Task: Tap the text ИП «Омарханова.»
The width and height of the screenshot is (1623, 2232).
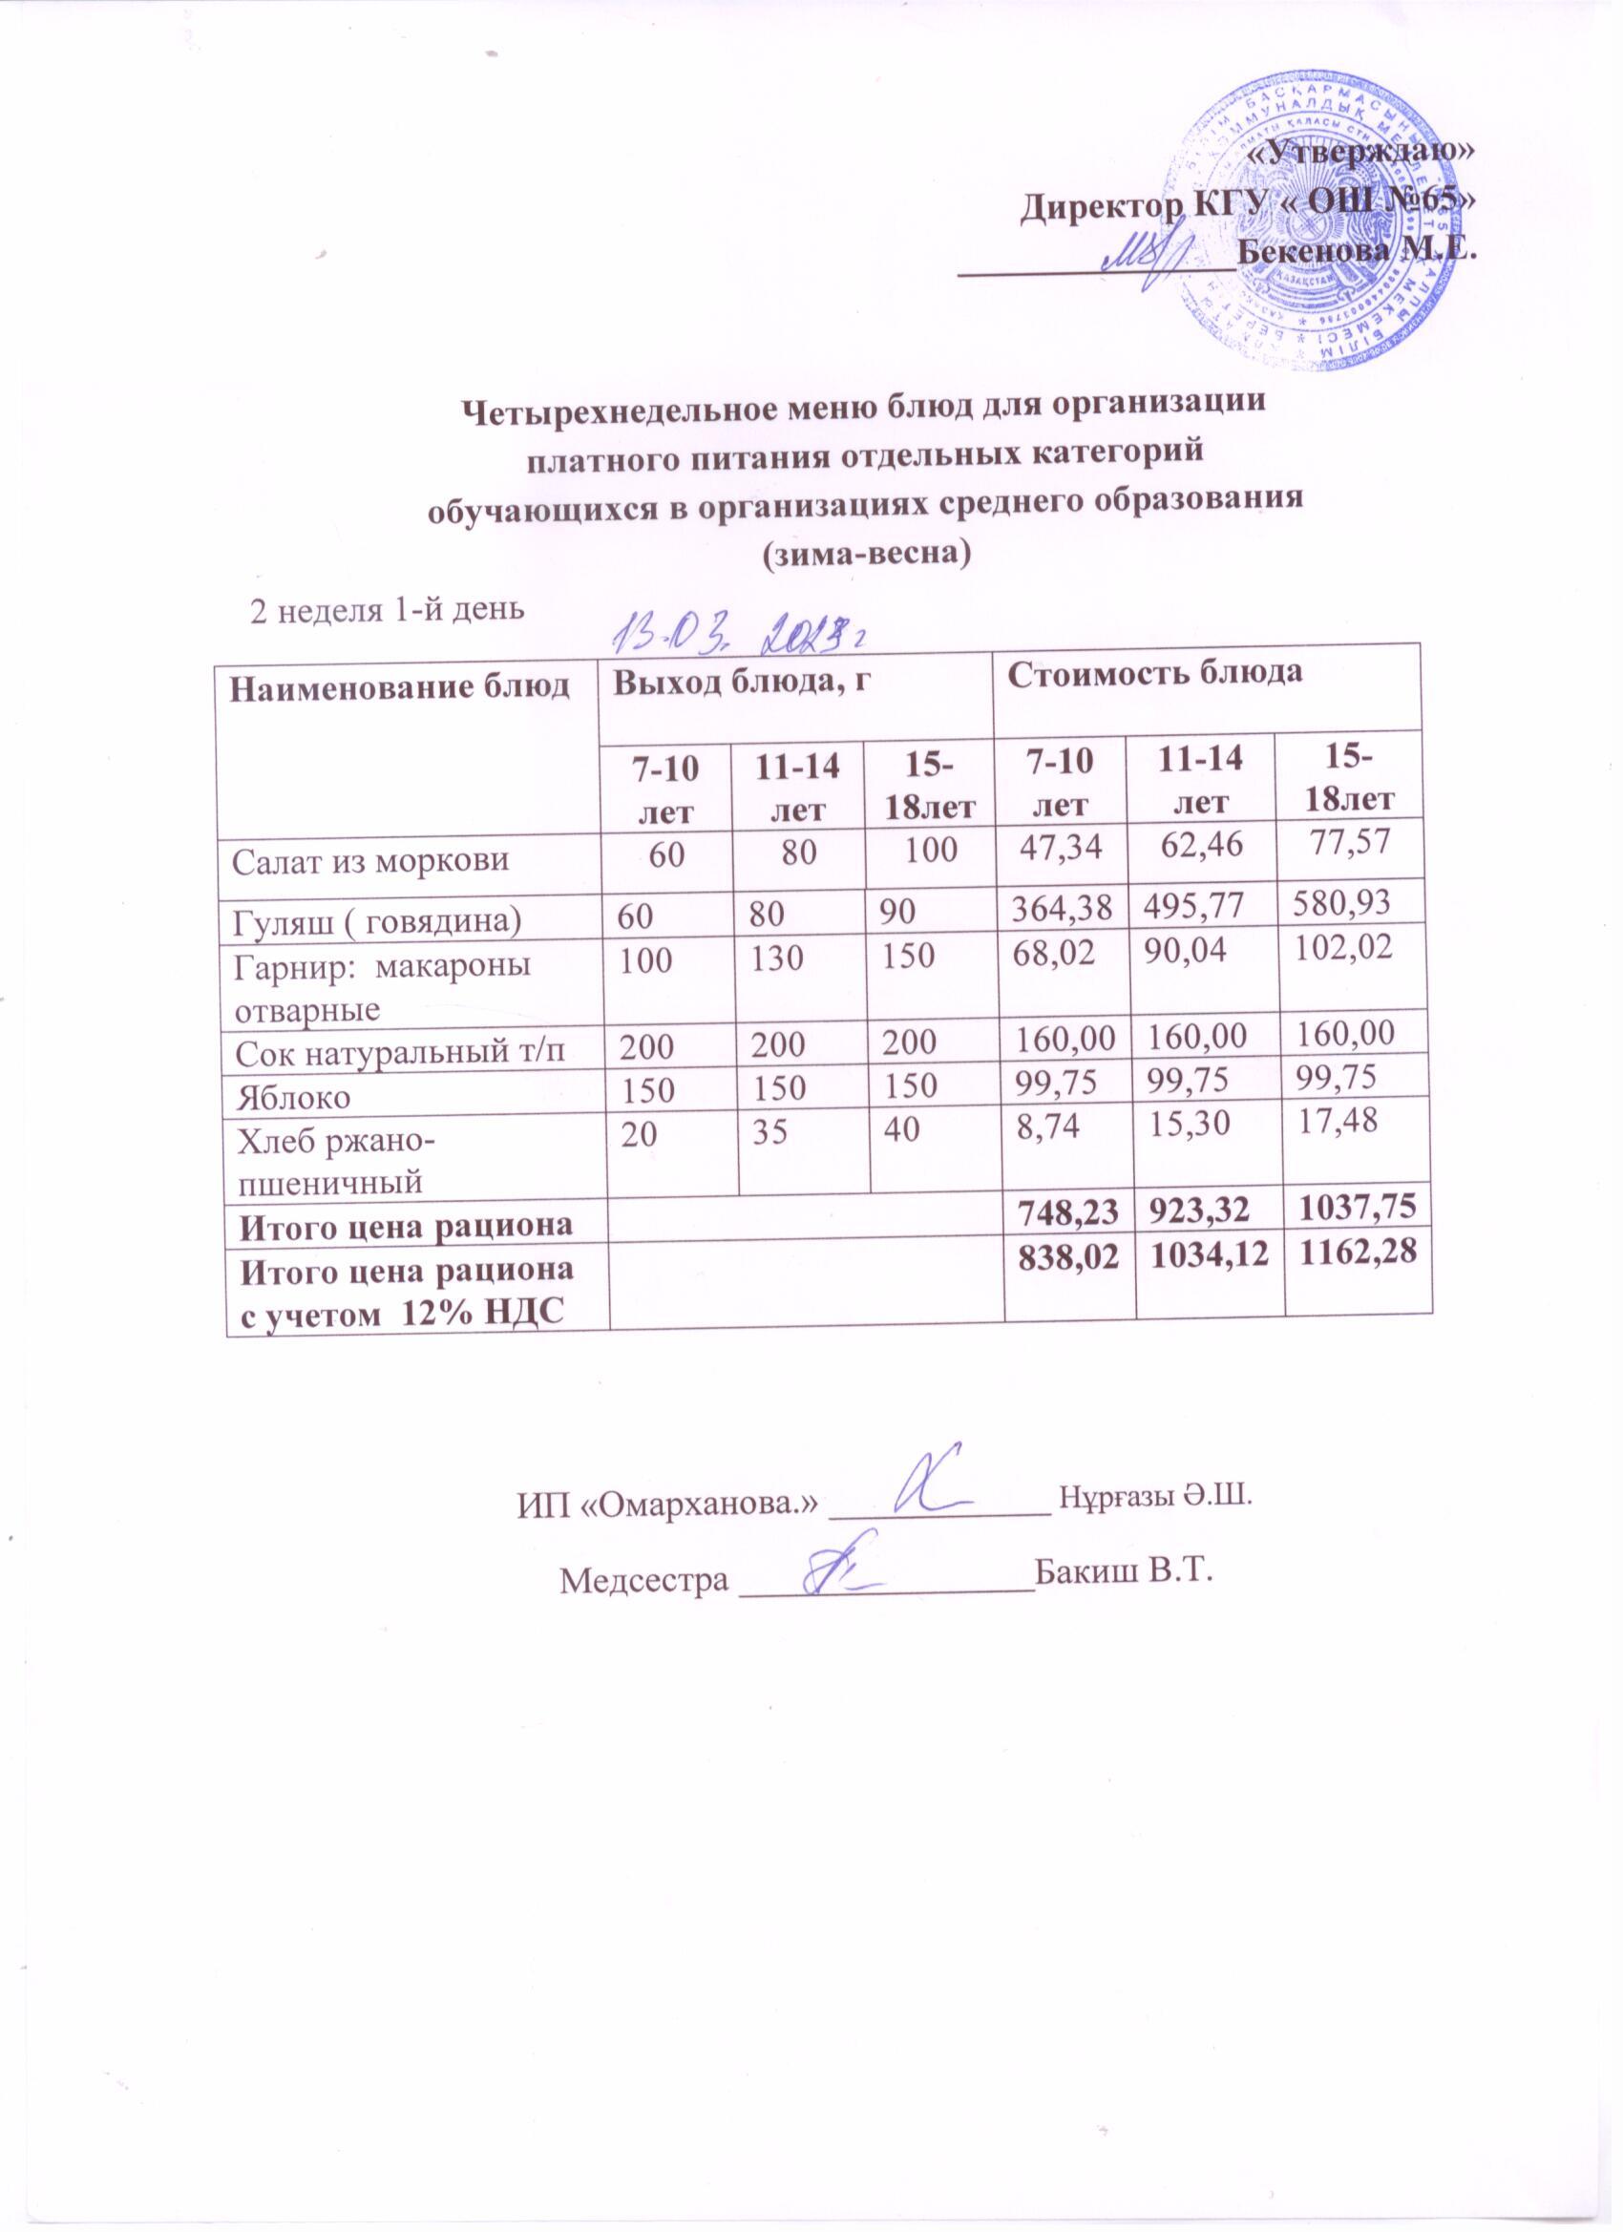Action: [x=669, y=1528]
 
